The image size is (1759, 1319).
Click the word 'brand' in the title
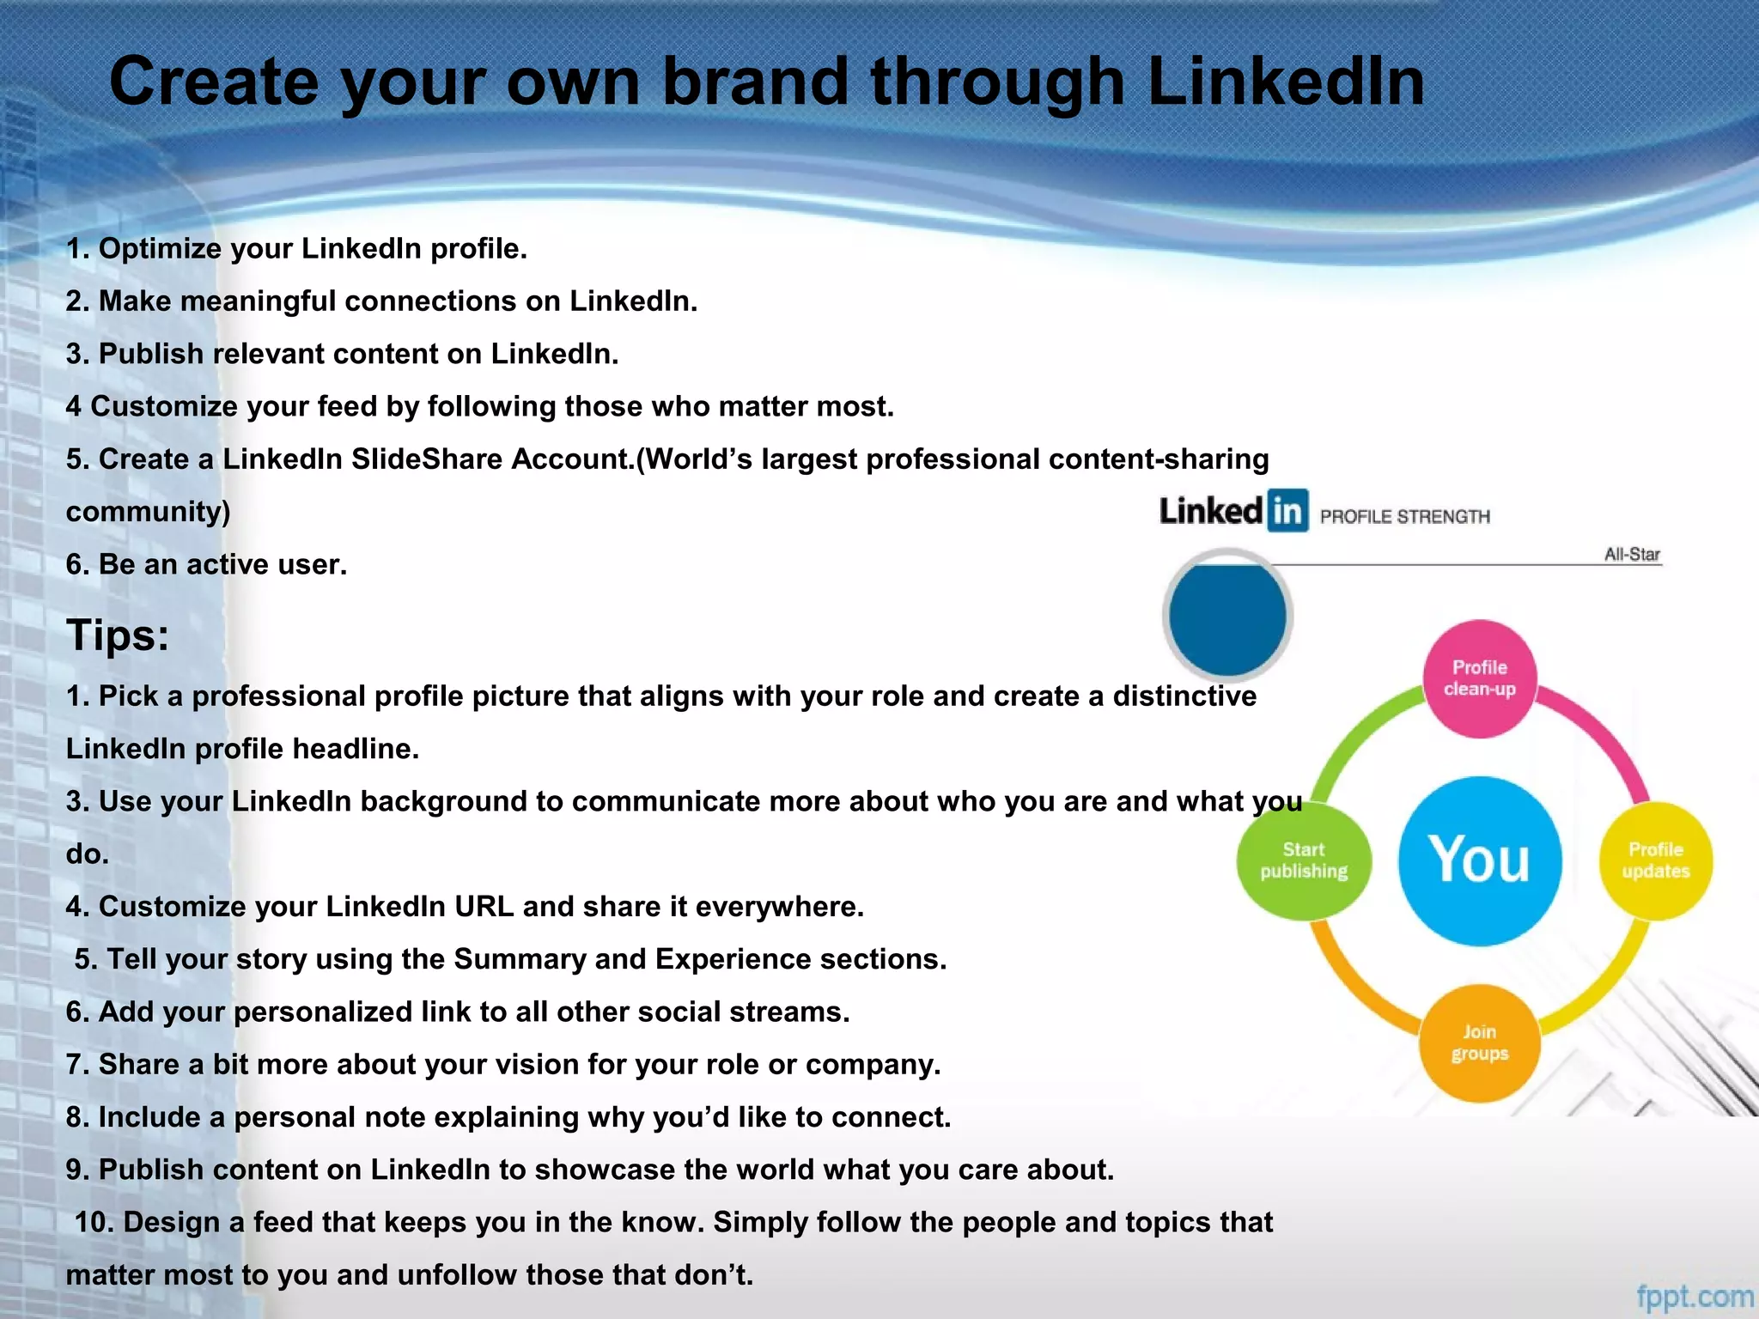pos(755,82)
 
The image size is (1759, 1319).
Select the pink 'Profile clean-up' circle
pos(1479,678)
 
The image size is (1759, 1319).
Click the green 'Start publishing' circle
pos(1303,860)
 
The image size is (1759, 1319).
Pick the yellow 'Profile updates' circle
pos(1655,860)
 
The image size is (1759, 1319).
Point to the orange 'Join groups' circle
pos(1479,1042)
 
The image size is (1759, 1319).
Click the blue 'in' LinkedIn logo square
pos(1287,511)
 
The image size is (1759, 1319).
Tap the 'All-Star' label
pos(1632,554)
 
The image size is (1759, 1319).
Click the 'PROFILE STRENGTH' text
pos(1405,516)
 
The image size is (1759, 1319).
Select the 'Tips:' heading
pos(118,635)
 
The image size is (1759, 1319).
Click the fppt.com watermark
pos(1695,1296)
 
